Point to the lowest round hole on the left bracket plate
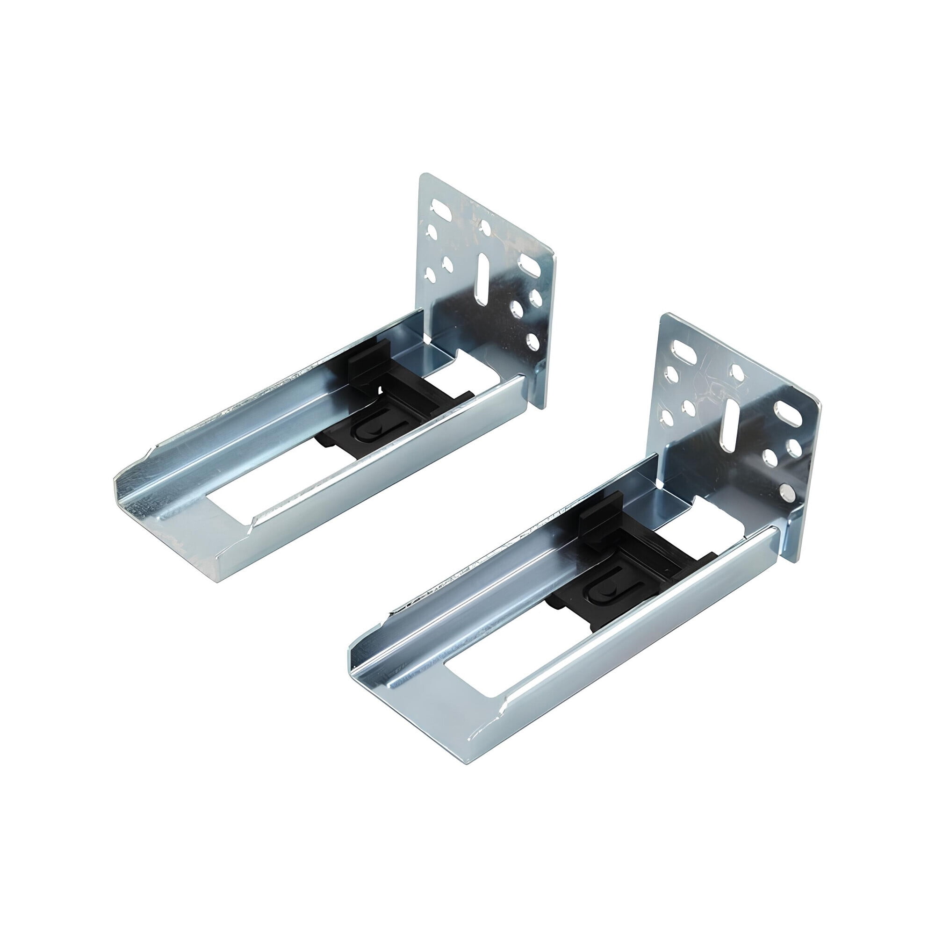(x=532, y=341)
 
